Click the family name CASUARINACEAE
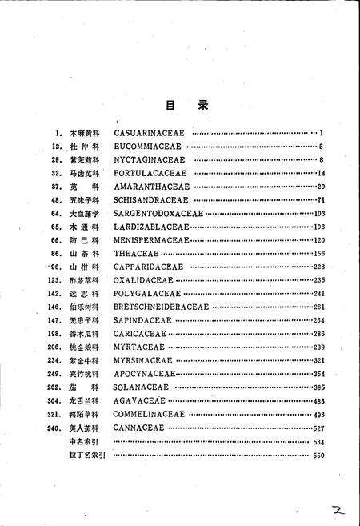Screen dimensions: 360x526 [x=152, y=131]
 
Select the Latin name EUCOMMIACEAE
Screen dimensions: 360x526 [x=150, y=146]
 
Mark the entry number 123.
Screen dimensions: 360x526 [x=54, y=280]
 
